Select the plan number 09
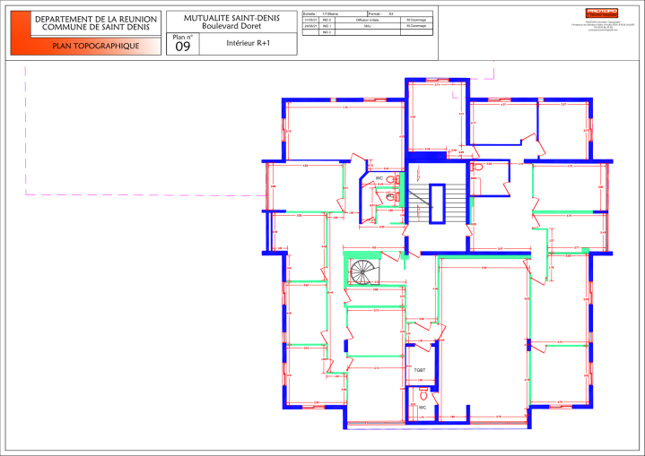click(182, 47)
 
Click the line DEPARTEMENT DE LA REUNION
click(95, 19)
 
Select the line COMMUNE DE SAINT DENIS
click(95, 28)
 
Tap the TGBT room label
click(419, 369)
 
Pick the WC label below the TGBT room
click(423, 408)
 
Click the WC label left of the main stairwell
click(379, 177)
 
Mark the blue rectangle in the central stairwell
click(438, 203)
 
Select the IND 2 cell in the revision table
click(327, 33)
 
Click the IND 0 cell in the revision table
click(327, 19)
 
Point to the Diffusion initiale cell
click(368, 19)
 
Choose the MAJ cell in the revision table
click(368, 26)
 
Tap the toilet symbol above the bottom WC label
click(423, 395)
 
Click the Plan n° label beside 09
click(182, 37)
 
